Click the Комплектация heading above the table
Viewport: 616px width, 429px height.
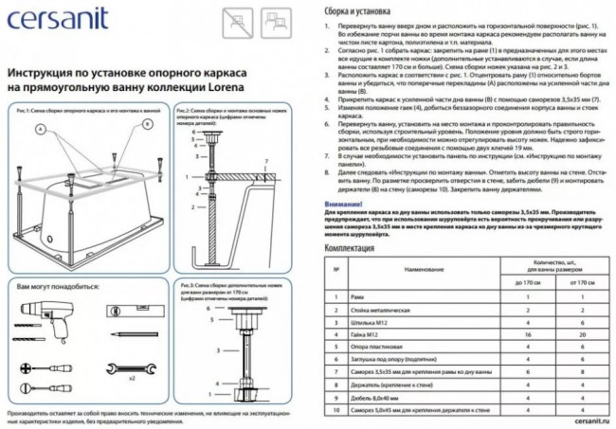click(350, 248)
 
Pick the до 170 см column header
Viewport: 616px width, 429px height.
click(525, 281)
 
